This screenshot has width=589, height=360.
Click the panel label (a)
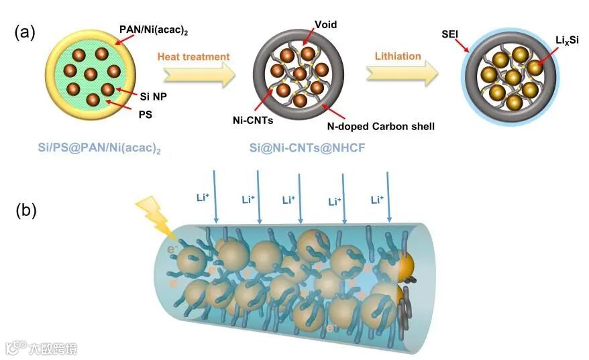click(x=26, y=33)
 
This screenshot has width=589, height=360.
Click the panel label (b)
click(x=26, y=210)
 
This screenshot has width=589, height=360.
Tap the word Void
click(x=325, y=24)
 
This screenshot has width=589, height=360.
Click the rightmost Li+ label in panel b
click(x=377, y=199)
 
